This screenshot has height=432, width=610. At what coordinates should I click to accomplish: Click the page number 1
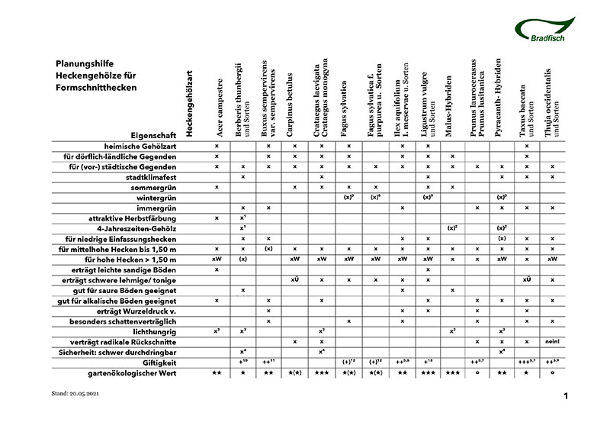tap(566, 396)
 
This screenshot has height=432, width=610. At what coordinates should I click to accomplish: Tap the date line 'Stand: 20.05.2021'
tap(72, 395)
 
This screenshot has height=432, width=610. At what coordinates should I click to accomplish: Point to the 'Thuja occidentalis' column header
tap(551, 102)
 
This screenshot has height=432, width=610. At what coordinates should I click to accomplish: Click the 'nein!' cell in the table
tap(552, 341)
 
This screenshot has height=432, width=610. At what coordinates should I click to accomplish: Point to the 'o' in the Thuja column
tap(552, 372)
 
